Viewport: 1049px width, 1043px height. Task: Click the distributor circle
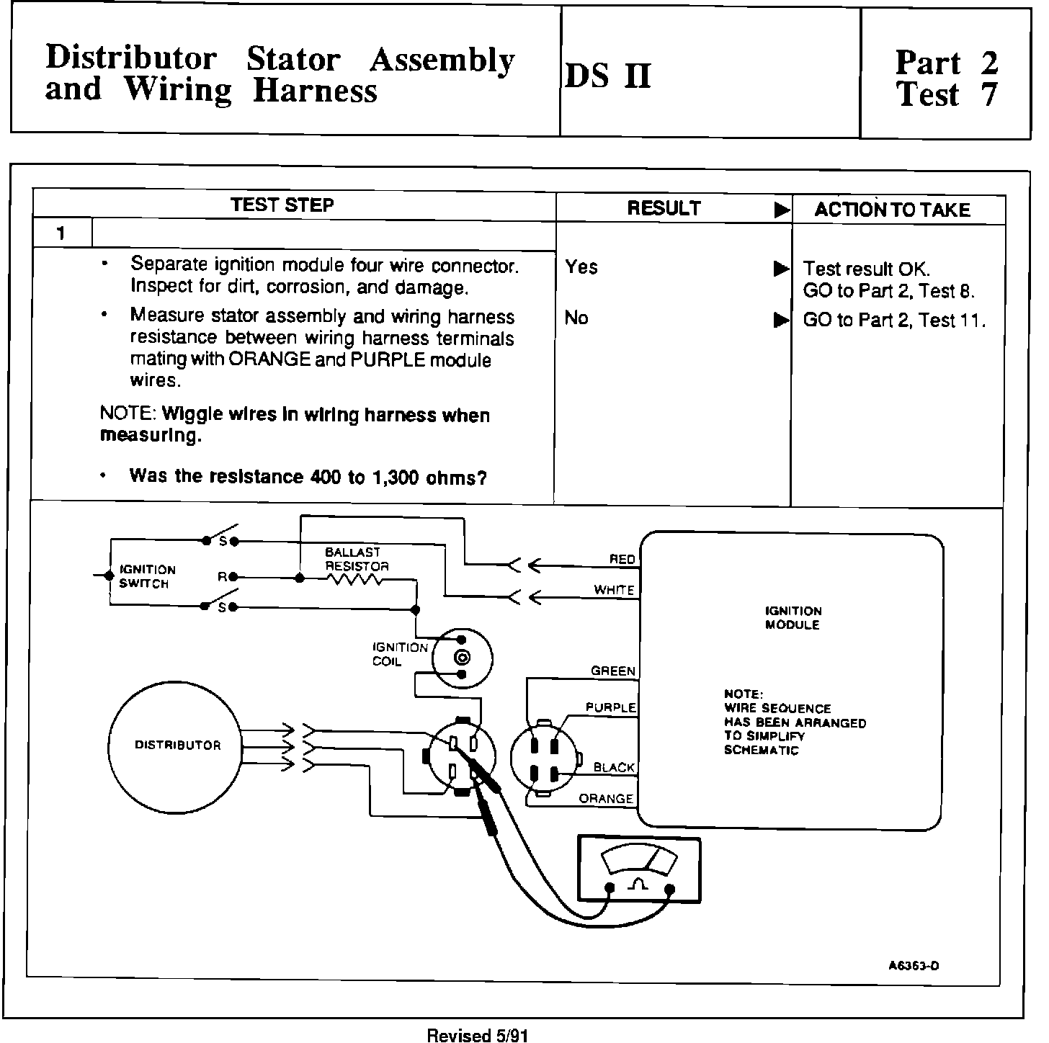(x=175, y=745)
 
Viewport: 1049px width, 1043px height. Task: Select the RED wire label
(x=622, y=559)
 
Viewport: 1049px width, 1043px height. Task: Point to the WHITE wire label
(x=614, y=590)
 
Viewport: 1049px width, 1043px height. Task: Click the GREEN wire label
(x=613, y=671)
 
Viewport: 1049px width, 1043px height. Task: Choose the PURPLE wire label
(x=611, y=708)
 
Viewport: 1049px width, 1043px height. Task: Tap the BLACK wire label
(x=614, y=768)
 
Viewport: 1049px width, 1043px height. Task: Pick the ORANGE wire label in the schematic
(x=606, y=799)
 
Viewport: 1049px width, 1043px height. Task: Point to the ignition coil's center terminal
(x=462, y=657)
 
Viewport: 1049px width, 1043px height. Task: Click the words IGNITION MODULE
(x=793, y=618)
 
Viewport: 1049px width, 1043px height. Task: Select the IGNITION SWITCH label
(x=147, y=576)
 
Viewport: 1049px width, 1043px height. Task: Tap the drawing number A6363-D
(x=914, y=966)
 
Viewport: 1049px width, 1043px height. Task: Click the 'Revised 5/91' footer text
(x=478, y=1035)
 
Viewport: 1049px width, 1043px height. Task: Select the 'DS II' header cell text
(x=609, y=76)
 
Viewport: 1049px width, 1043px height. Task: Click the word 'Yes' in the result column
(x=581, y=267)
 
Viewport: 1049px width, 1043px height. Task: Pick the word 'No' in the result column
(x=576, y=318)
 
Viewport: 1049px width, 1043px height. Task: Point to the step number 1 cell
(x=62, y=233)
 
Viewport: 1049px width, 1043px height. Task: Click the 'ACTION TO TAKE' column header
(x=892, y=210)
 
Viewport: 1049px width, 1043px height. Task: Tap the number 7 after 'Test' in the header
(x=989, y=94)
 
